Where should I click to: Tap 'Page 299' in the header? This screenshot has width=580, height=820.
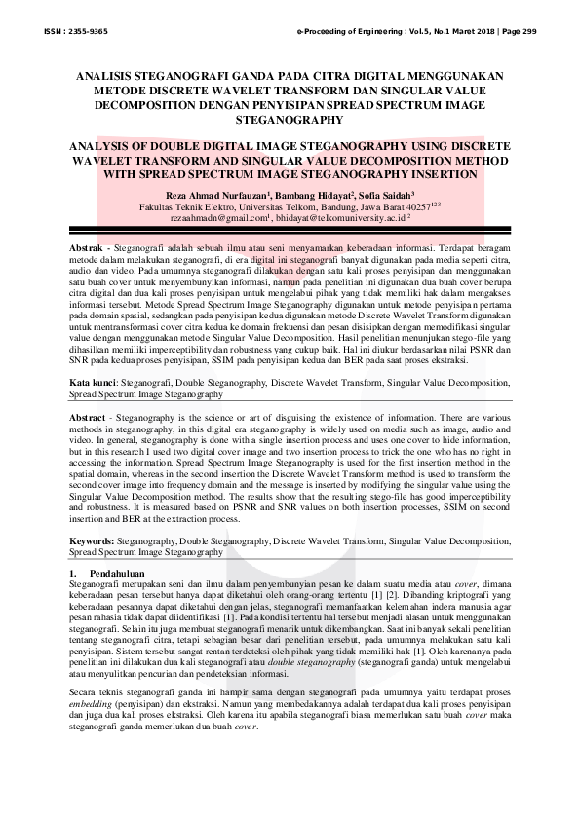[518, 32]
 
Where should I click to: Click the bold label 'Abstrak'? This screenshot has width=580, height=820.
[85, 250]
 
